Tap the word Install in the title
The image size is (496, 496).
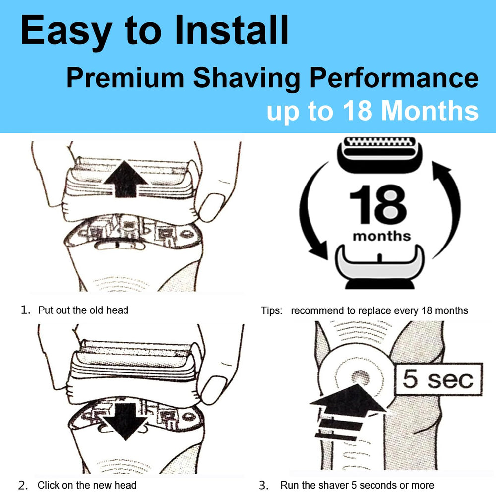point(231,30)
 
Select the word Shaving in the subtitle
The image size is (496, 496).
point(247,78)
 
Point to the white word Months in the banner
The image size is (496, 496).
point(430,111)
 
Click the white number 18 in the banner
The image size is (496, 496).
point(357,111)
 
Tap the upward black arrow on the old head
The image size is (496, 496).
point(125,179)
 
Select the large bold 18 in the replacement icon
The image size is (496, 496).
point(378,204)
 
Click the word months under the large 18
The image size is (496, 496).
point(382,236)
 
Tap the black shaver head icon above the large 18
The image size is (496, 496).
point(379,155)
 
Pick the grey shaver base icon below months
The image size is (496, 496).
point(379,267)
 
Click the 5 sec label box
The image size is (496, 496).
point(439,379)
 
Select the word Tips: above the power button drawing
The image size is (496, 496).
point(271,311)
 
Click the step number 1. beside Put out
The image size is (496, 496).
point(26,310)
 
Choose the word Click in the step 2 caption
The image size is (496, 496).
point(49,485)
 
